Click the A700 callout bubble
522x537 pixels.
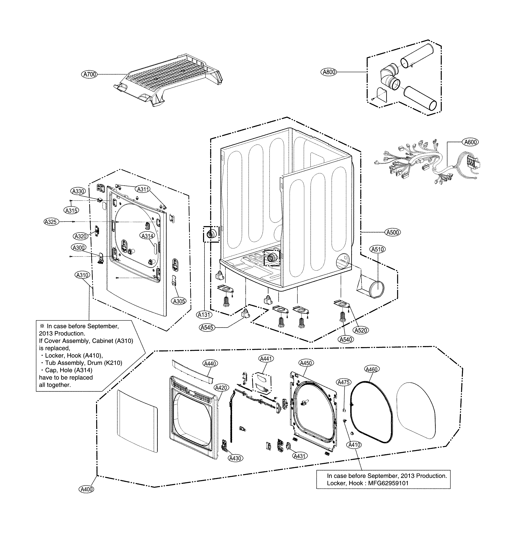(x=90, y=74)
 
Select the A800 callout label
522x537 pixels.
(x=329, y=72)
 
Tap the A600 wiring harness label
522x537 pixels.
(x=470, y=142)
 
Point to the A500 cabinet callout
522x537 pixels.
(x=393, y=232)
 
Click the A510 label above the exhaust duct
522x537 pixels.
(x=378, y=249)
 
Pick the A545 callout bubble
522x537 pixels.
(x=207, y=327)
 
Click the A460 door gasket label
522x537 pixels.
(x=372, y=369)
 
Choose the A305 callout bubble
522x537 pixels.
(x=179, y=301)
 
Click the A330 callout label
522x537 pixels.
(x=78, y=191)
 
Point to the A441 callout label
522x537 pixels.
(x=266, y=358)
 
